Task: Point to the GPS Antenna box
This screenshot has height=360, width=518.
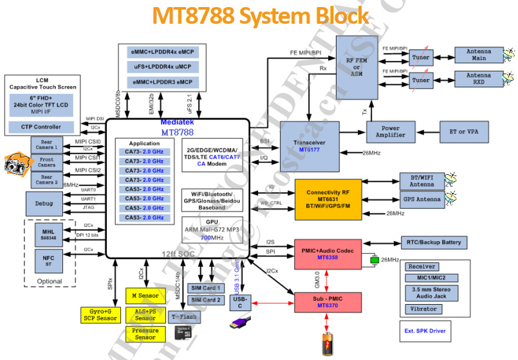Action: (422, 199)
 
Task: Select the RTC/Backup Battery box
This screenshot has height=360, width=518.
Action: (434, 242)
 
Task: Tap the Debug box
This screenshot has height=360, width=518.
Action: (44, 203)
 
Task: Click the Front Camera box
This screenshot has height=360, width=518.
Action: (46, 162)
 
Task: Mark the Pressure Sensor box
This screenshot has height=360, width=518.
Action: (144, 334)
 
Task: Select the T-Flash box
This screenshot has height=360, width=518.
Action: (183, 317)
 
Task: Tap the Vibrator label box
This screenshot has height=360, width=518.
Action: (423, 309)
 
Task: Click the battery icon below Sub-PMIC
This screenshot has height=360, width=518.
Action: (328, 344)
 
